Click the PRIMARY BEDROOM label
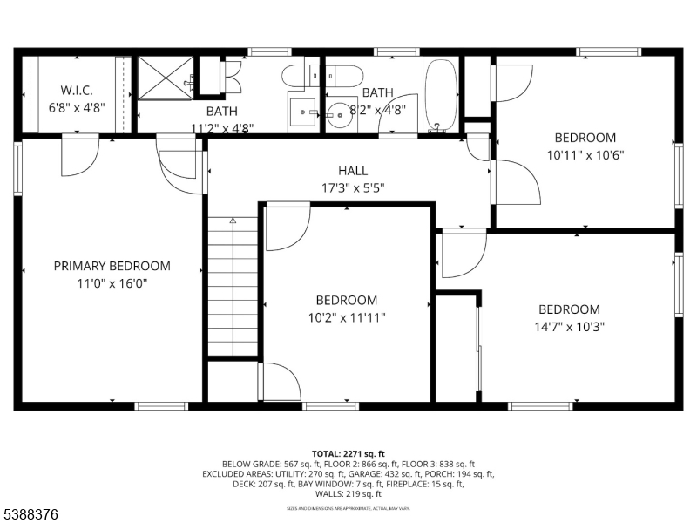(112, 266)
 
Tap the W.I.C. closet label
(77, 91)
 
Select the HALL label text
(353, 171)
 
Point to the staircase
(233, 288)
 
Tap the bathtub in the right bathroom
(441, 94)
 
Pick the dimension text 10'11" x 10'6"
(585, 154)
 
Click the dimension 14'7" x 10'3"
(569, 327)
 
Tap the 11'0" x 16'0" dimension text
(112, 283)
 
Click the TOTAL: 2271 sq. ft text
(348, 454)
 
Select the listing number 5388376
(30, 515)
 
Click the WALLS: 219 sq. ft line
(348, 493)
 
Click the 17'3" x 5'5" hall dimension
(353, 187)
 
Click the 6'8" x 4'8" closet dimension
(77, 107)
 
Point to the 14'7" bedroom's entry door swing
(462, 253)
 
